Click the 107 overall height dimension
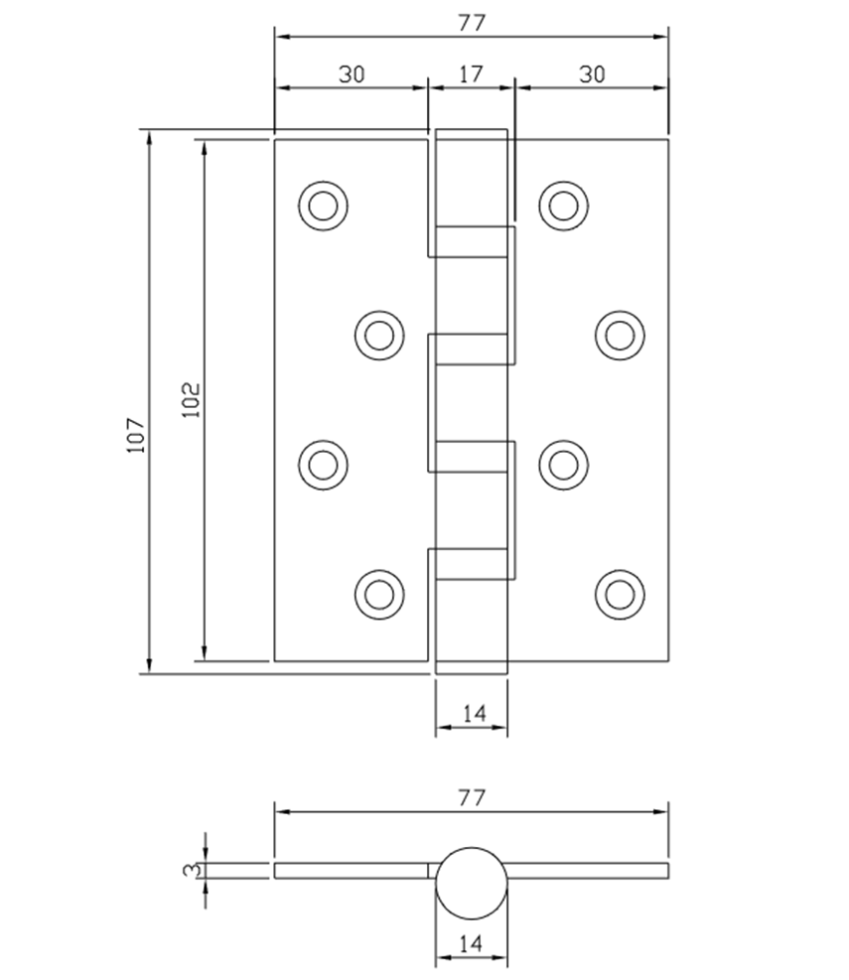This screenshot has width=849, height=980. pos(136,435)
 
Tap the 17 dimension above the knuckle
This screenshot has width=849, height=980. pos(472,73)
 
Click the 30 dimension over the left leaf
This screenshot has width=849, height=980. pos(351,73)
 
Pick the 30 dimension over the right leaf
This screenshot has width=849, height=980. pos(591,73)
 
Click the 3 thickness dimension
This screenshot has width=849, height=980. pos(189,870)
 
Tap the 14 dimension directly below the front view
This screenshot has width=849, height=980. pos(473,713)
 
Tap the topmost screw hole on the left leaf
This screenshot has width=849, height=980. pos(323,206)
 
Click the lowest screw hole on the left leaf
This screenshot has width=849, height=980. pos(378,594)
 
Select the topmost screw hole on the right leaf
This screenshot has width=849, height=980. pos(563,206)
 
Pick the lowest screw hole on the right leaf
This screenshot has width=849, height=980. pos(619,594)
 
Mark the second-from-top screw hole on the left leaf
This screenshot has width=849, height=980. pos(378,335)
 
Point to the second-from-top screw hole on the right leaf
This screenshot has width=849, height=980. pos(619,335)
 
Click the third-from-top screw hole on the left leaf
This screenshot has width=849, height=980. pos(323,464)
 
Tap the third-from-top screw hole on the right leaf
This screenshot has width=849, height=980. pos(563,464)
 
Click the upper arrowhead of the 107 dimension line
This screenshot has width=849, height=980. pos(150,138)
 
